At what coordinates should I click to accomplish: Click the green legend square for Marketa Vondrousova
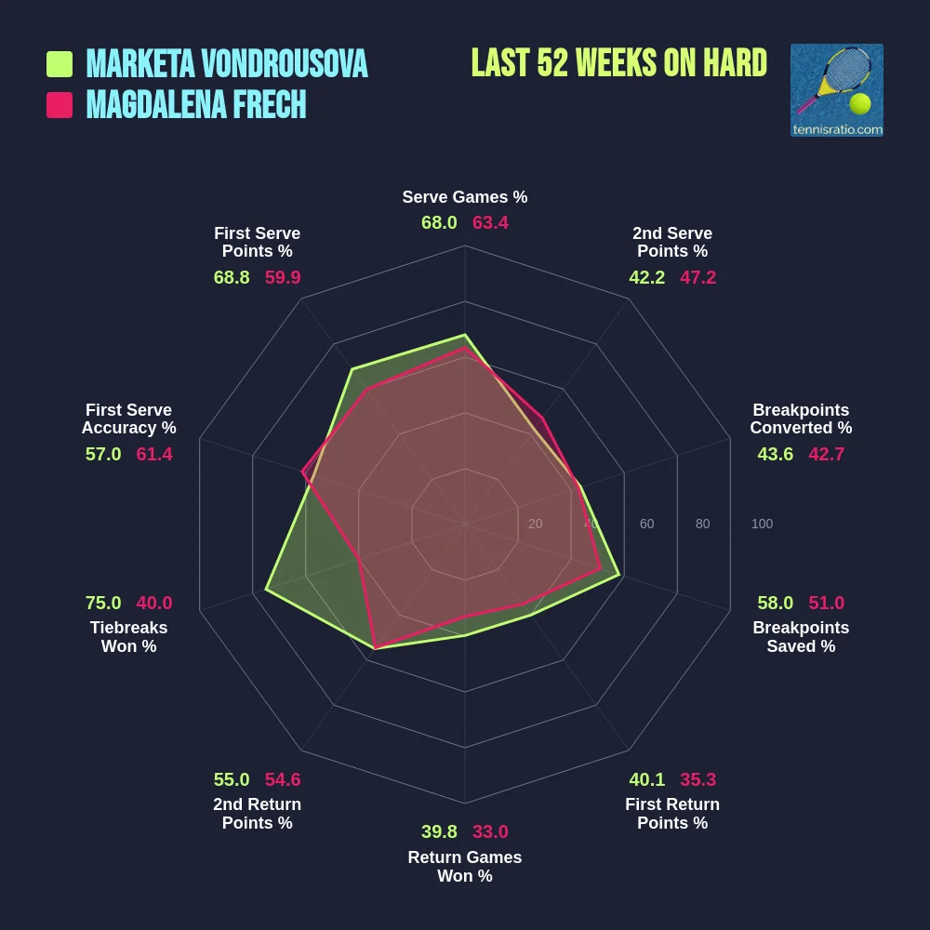(60, 64)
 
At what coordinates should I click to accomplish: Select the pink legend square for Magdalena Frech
(60, 105)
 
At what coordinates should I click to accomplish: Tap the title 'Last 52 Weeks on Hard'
(618, 63)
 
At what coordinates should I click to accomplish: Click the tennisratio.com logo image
(836, 90)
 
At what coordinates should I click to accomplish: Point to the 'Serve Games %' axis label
(465, 197)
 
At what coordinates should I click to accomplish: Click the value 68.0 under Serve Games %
(439, 223)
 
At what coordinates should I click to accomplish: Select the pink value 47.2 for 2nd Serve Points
(698, 277)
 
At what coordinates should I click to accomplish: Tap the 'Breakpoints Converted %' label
(801, 419)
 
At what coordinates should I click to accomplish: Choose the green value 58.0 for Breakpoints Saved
(776, 603)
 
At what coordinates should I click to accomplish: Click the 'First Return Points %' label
(672, 814)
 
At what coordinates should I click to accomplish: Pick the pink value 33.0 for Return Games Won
(490, 831)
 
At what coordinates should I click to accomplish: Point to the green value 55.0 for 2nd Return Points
(232, 779)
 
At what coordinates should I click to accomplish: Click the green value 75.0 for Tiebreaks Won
(103, 603)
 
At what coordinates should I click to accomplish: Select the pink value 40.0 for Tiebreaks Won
(154, 603)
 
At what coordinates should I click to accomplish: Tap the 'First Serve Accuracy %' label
(128, 419)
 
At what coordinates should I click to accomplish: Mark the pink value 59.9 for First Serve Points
(283, 277)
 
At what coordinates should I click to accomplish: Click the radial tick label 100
(762, 524)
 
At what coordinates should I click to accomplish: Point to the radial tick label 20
(536, 524)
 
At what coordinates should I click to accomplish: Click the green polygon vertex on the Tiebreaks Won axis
(266, 590)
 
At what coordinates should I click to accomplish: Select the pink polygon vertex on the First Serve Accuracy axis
(302, 472)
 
